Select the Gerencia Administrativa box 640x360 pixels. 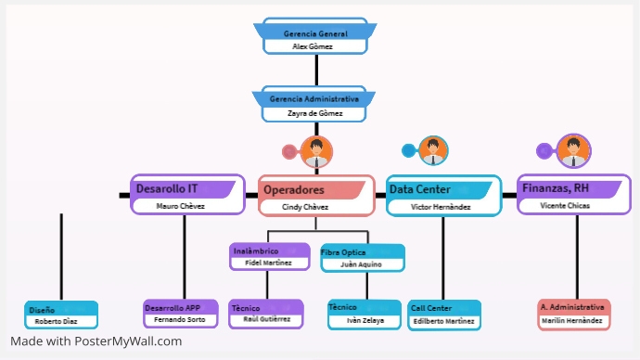[315, 105]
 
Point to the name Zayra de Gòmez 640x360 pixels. [314, 114]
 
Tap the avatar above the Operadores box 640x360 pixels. [317, 152]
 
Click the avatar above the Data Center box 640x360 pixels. [433, 150]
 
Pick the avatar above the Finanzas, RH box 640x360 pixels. [574, 150]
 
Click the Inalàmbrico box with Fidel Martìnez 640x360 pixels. [269, 257]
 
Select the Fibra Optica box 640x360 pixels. [363, 258]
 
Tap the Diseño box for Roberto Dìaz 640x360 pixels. [61, 315]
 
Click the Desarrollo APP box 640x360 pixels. [181, 314]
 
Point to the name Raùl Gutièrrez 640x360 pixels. [266, 320]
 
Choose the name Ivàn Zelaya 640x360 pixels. [365, 320]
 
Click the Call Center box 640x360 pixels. [444, 315]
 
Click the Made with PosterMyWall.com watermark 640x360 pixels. [96, 341]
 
